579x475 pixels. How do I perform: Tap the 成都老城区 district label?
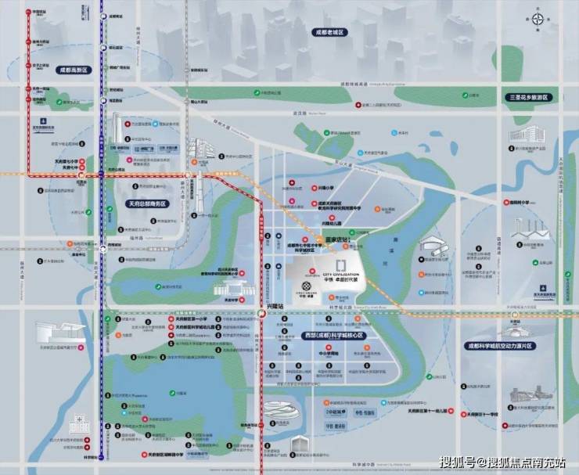(x=329, y=32)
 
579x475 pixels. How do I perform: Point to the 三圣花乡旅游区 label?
(x=526, y=98)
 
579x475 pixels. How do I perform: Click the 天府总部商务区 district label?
(x=146, y=203)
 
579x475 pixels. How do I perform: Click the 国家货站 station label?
(x=335, y=242)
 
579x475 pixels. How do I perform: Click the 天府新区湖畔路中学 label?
(x=168, y=453)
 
